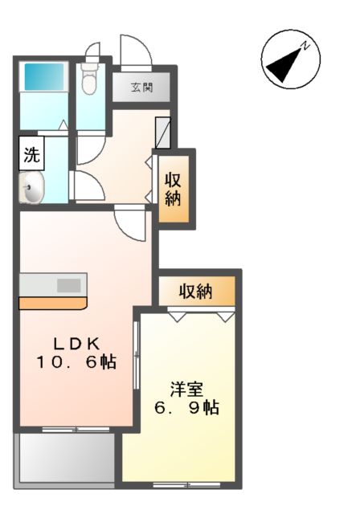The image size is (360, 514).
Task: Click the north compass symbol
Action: [x=290, y=59]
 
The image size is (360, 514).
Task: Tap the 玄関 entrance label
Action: [x=142, y=88]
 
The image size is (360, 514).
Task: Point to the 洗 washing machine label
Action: [x=31, y=154]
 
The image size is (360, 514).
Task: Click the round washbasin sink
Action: [x=31, y=191]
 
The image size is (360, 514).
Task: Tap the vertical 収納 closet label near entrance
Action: [x=174, y=188]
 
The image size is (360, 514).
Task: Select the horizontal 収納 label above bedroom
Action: [x=195, y=292]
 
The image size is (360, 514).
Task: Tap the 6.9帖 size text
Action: [x=187, y=408]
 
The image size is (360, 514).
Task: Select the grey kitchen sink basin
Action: [x=69, y=284]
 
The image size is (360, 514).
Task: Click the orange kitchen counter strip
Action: [x=52, y=304]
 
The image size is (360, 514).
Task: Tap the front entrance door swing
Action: [x=135, y=50]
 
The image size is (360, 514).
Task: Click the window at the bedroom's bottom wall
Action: [x=187, y=484]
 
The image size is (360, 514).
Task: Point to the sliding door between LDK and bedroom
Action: [x=137, y=361]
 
